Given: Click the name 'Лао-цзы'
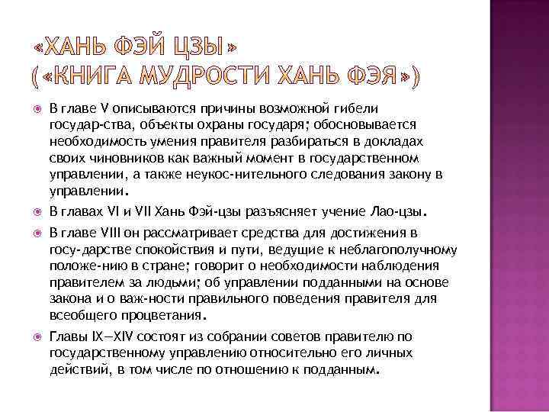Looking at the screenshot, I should coord(397,210).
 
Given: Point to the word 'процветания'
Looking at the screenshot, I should coord(171,313).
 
